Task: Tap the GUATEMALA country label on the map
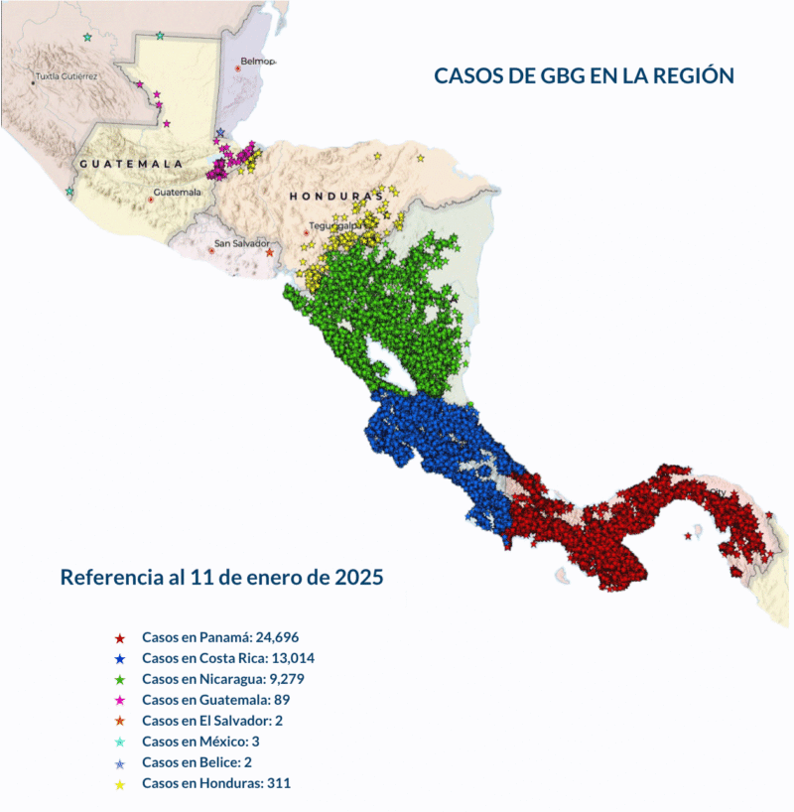(131, 163)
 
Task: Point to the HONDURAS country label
(335, 197)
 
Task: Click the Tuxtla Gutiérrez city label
(67, 75)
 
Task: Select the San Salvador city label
(242, 243)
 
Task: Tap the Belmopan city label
(256, 61)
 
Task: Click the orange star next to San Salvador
(269, 252)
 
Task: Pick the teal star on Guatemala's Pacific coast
(69, 192)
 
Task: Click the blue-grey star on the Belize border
(220, 133)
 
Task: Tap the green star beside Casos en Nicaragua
(119, 680)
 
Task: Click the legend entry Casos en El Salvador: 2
(212, 721)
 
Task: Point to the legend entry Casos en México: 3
(200, 742)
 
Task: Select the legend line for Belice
(198, 762)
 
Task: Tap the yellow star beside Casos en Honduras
(119, 784)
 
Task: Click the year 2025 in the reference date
(358, 577)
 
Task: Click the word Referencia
(106, 577)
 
